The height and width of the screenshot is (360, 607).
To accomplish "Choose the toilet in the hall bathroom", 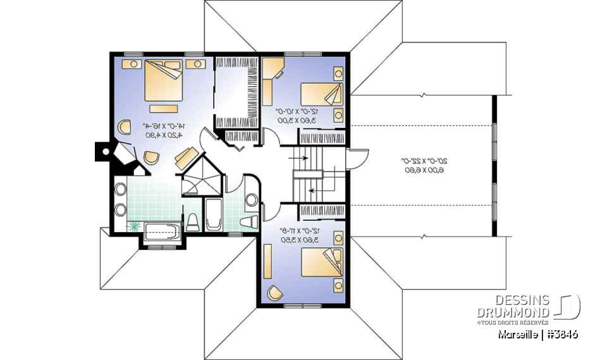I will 250,221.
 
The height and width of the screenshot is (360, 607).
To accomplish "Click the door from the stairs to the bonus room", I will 357,158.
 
